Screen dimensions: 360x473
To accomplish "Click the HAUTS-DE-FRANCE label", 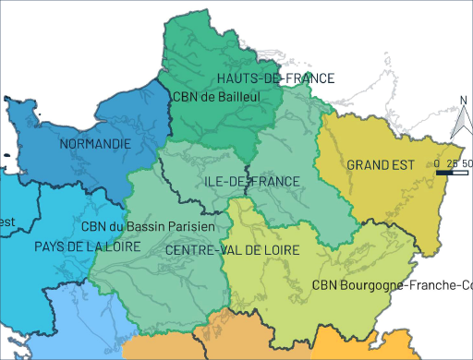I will tap(274, 78).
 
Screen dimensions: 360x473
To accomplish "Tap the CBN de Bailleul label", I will tap(215, 96).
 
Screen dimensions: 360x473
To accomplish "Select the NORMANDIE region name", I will tap(94, 144).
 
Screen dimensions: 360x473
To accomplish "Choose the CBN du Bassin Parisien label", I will tap(148, 226).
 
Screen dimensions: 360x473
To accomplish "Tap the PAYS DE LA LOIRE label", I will tap(87, 247).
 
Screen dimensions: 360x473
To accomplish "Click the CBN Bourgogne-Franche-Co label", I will tap(392, 285).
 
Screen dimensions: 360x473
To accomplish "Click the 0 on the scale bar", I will tap(436, 163).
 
